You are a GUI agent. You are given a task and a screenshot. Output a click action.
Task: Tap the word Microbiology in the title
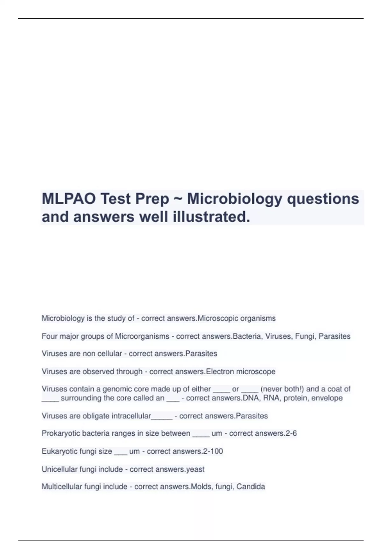point(235,199)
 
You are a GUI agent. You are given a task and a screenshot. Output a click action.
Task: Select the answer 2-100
point(212,451)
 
